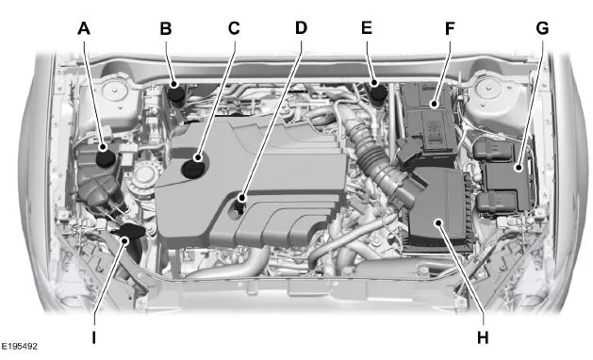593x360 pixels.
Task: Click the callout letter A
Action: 84,28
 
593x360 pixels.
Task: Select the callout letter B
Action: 166,28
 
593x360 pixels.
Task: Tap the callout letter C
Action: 234,28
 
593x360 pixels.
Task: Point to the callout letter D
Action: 301,27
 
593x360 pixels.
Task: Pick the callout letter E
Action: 367,27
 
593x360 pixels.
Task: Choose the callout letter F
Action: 450,28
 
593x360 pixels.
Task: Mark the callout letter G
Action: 542,28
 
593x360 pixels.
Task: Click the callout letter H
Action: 483,337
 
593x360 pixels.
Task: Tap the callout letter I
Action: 93,337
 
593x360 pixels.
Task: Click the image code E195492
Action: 19,346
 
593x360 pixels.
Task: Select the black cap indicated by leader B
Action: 175,92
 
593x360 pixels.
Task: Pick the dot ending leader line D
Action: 241,198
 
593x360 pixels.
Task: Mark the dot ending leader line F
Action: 434,104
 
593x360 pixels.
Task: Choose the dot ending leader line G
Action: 519,168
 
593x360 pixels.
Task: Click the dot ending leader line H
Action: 438,222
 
